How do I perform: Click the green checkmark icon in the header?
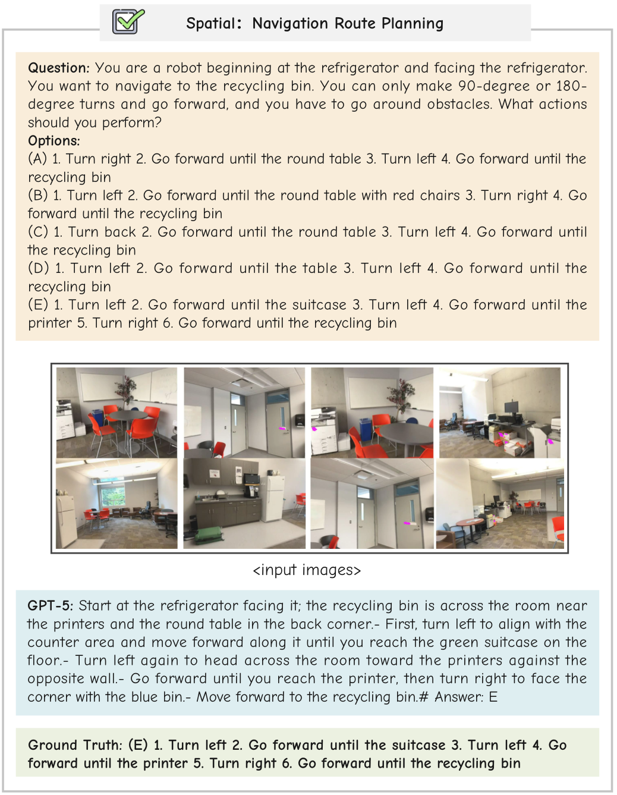[x=128, y=22]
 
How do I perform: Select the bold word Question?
[x=58, y=68]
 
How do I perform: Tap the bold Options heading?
[x=53, y=141]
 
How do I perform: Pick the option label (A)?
[x=37, y=159]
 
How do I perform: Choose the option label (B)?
[x=38, y=196]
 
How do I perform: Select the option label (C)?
[x=38, y=232]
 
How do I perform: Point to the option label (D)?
[x=39, y=268]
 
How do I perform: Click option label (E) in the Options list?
[x=38, y=305]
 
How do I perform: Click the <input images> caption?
[x=307, y=570]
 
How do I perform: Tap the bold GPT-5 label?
[x=50, y=606]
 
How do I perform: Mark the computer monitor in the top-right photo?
[x=511, y=407]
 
